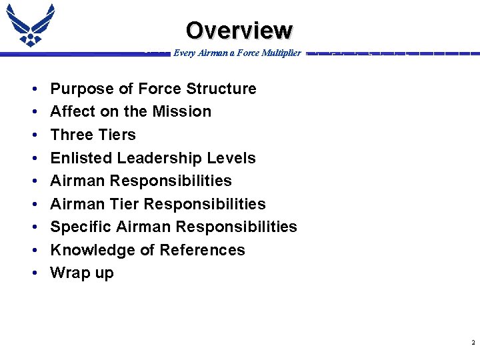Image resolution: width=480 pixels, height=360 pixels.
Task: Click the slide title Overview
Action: pyautogui.click(x=239, y=31)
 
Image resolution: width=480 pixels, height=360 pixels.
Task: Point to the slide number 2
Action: pyautogui.click(x=473, y=343)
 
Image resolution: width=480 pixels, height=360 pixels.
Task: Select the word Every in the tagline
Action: pyautogui.click(x=184, y=53)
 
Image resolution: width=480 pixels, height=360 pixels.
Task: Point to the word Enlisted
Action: pyautogui.click(x=79, y=158)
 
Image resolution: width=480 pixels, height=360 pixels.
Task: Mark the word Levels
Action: pyautogui.click(x=232, y=158)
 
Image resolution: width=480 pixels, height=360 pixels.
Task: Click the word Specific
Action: pyautogui.click(x=81, y=227)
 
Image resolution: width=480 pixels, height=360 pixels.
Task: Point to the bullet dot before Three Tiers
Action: pyautogui.click(x=33, y=135)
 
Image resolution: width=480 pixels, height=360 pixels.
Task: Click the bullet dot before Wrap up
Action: pyautogui.click(x=33, y=273)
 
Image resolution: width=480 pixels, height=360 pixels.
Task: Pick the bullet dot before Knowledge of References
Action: pyautogui.click(x=33, y=251)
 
